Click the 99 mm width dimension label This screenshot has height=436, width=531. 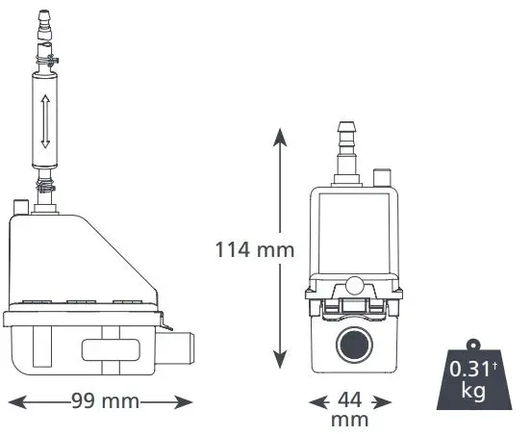point(105,401)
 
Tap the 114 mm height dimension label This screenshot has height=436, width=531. point(255,249)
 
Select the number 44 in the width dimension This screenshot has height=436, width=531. point(350,399)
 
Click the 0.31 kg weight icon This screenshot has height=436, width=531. point(474,375)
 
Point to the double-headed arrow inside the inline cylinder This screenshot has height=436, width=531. point(45,121)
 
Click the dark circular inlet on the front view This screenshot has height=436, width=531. point(354,345)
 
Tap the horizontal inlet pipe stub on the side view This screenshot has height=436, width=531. point(175,347)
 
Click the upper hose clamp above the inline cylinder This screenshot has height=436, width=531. point(47,62)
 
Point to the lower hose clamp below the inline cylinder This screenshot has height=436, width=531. point(45,186)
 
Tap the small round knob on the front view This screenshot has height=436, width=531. point(355,285)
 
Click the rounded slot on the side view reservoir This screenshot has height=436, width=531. point(111,349)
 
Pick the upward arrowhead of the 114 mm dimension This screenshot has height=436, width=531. point(280,138)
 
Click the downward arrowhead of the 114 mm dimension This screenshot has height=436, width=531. point(280,359)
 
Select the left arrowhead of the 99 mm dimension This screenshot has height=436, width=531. point(17,402)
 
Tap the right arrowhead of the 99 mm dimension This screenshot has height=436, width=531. point(183,402)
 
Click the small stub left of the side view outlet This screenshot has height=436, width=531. point(20,207)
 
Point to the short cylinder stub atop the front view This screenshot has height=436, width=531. point(382,177)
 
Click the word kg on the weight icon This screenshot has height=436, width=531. point(474,391)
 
